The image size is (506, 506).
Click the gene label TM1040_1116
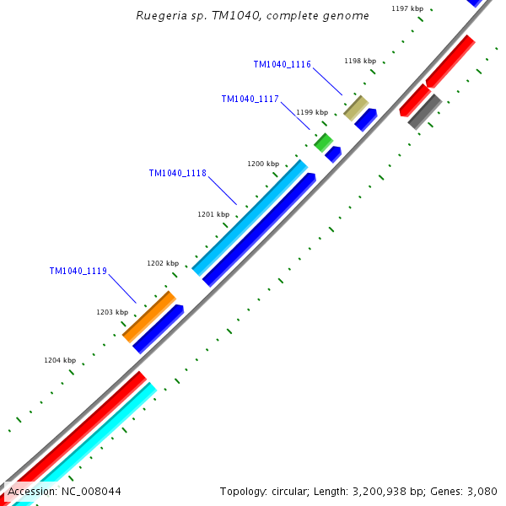coord(282,65)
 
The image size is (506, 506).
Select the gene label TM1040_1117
coord(250,99)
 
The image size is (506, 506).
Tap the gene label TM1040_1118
coord(177,173)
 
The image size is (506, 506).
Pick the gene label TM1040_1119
coord(78,271)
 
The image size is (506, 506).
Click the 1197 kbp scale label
coord(407,8)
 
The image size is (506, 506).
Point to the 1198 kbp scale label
coord(360,61)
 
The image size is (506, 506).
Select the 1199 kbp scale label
coord(311,112)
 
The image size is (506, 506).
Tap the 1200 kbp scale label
coord(262,164)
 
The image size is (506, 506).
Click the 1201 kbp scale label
coord(213,214)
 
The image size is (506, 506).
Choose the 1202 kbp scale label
coord(163,263)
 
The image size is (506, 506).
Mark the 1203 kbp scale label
coord(112,312)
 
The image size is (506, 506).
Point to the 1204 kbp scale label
coord(60,360)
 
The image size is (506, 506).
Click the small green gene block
coord(323,143)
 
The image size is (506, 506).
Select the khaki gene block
coord(356,108)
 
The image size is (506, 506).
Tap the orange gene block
coord(149,316)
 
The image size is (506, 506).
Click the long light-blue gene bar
coord(250,218)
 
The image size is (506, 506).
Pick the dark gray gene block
coord(424,111)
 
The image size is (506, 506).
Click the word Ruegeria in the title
coord(160,15)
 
